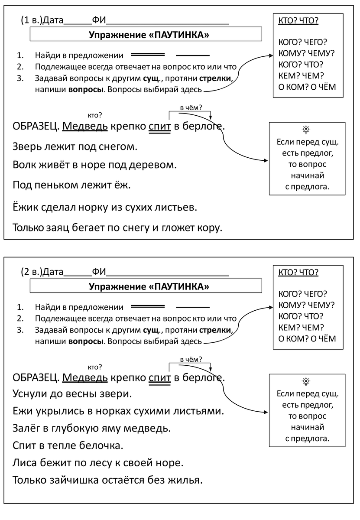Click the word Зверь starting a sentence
point(27,147)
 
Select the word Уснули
point(31,394)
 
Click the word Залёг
point(26,429)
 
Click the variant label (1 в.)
point(31,20)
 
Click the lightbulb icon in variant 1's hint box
point(306,129)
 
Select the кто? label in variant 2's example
point(95,367)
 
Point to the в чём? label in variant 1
point(191,107)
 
